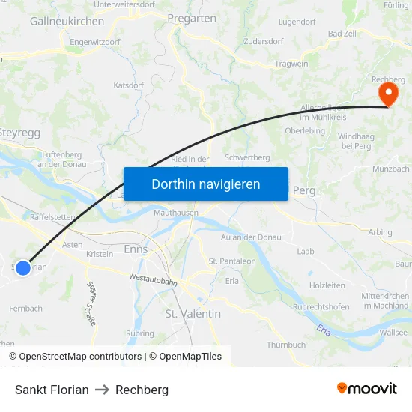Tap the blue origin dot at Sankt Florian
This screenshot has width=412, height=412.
23,267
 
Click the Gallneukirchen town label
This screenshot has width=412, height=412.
67,22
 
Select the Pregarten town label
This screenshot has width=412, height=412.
192,19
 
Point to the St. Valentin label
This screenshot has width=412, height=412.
193,314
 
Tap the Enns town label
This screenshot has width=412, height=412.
136,249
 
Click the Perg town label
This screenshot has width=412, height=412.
304,190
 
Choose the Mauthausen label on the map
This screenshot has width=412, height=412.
175,213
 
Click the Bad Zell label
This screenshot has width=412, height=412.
342,34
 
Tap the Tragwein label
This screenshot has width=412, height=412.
291,64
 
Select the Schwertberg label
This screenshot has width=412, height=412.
247,158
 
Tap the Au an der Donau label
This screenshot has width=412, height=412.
252,237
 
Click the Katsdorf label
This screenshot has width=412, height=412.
128,85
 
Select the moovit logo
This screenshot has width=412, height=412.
366,389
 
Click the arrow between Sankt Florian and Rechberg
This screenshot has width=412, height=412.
102,390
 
